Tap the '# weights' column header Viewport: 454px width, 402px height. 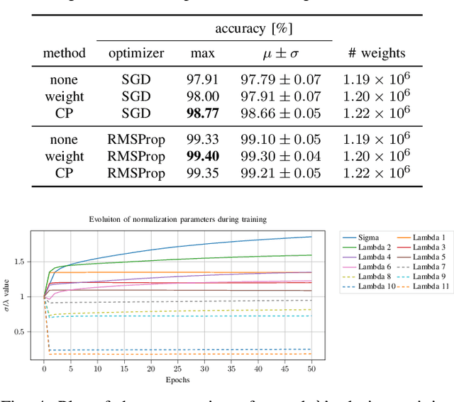tap(377, 52)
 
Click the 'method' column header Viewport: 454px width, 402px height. tap(64, 52)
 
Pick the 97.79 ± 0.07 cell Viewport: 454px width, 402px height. tap(280, 79)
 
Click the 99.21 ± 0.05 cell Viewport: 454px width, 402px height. tap(280, 174)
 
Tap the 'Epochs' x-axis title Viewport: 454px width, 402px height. tap(175, 379)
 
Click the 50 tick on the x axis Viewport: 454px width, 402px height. tap(311, 369)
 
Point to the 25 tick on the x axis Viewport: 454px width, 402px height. tap(177, 369)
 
